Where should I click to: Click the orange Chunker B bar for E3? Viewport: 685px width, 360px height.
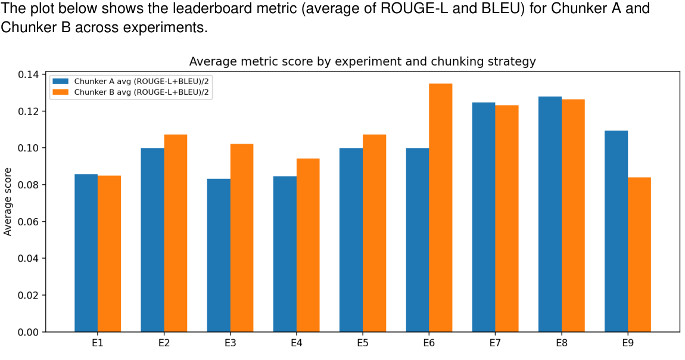click(x=242, y=238)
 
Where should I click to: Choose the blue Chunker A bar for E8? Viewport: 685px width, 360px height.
click(x=550, y=214)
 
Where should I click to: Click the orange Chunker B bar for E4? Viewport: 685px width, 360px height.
click(x=308, y=245)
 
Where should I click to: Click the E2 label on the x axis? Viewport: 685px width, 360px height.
click(x=164, y=343)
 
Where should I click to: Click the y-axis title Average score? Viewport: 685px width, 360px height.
click(x=8, y=203)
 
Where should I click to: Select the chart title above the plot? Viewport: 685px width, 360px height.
click(x=362, y=61)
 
